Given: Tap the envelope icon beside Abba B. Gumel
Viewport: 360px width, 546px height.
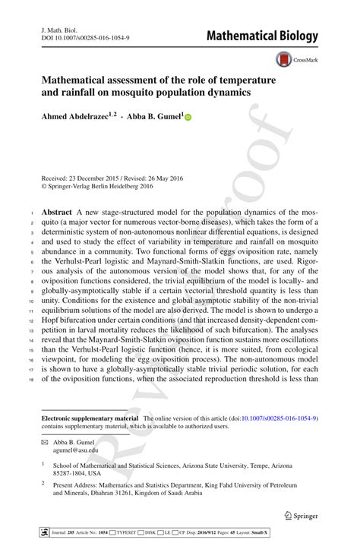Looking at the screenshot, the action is [44, 440].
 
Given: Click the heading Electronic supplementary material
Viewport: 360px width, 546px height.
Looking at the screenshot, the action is [90, 418].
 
